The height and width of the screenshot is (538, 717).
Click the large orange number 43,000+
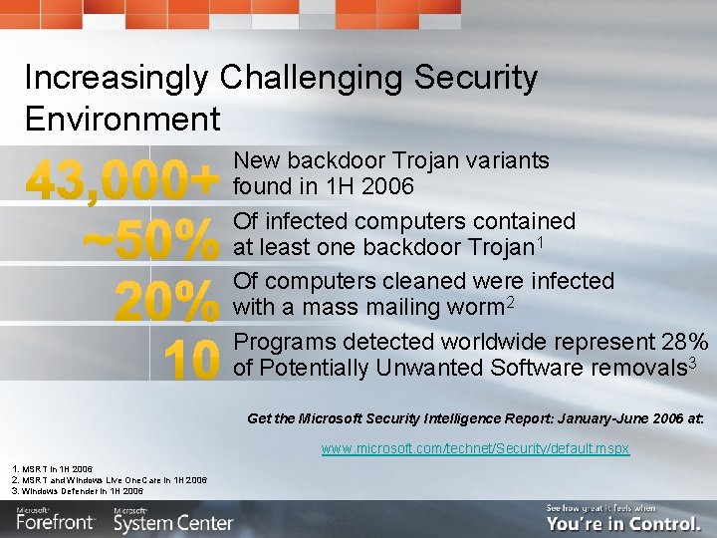click(121, 181)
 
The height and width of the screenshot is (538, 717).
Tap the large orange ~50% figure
click(149, 240)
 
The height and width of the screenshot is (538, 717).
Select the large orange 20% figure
click(166, 300)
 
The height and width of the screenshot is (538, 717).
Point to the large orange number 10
click(190, 360)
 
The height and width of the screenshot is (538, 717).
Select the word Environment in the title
click(122, 120)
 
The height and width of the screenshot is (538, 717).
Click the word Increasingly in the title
click(117, 77)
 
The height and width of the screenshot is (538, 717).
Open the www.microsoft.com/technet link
click(475, 449)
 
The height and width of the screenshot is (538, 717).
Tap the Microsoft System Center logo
click(173, 519)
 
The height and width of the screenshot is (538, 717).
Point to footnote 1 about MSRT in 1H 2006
click(53, 468)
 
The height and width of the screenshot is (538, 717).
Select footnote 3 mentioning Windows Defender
click(78, 491)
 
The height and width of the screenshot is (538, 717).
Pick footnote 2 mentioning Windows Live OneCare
click(110, 480)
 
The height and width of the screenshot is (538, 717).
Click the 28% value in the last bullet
click(685, 342)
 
